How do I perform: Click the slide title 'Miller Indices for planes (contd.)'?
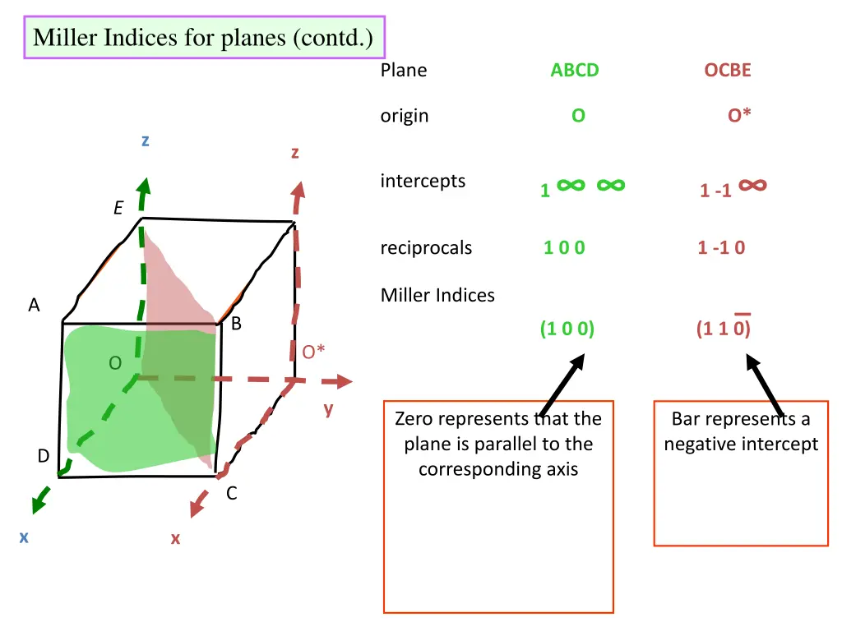coord(203,38)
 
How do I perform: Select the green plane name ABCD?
coord(575,71)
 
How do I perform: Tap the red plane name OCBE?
coord(728,71)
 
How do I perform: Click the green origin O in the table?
coord(578,116)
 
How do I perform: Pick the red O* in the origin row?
coord(739,116)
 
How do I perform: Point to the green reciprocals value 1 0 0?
coord(564,247)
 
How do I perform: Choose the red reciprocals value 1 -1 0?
coord(721,247)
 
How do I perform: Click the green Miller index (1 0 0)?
coord(567,329)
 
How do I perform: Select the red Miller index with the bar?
coord(723,329)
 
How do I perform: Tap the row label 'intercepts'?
coord(423,181)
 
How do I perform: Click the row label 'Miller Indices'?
coord(437,295)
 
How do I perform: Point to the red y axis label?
coord(328,408)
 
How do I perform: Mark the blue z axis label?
coord(145,140)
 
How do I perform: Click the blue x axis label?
coord(24,537)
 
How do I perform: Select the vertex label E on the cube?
coord(118,209)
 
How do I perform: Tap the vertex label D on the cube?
coord(43,455)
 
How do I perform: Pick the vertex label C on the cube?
coord(232,494)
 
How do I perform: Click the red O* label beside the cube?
coord(313,352)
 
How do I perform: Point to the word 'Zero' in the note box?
coord(414,419)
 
